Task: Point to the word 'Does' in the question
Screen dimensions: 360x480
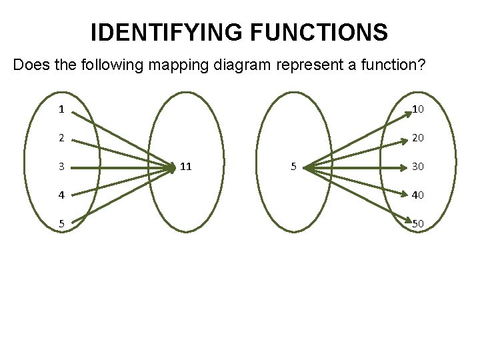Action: pos(31,65)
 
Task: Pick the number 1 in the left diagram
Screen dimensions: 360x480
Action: pos(61,109)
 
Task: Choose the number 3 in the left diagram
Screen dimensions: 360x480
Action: pos(61,166)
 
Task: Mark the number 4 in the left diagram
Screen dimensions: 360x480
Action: pos(61,195)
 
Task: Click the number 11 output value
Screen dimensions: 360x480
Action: pos(186,166)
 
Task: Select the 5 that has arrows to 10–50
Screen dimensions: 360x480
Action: pos(293,166)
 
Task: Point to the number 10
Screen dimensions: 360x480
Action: pos(418,109)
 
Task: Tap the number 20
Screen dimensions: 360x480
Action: pos(418,138)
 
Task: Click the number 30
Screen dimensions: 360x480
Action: pos(418,166)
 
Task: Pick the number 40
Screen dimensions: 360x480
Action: pos(418,195)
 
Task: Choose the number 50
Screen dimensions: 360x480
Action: pos(418,223)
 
